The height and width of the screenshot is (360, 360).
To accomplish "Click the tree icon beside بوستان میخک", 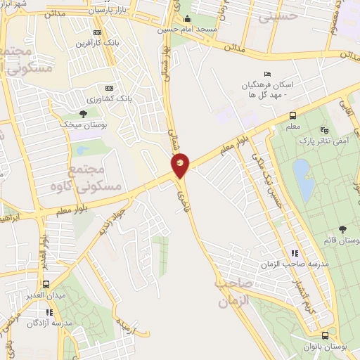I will pos(83,113).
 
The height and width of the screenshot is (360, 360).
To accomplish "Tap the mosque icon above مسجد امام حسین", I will pos(187,19).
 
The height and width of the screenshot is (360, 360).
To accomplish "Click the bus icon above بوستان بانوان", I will pos(324,335).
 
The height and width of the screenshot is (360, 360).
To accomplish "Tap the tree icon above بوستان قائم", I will pos(342,230).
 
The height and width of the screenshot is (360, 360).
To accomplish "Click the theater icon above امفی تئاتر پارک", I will pos(323,130).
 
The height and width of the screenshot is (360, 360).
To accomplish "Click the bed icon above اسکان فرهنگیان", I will pos(266,75).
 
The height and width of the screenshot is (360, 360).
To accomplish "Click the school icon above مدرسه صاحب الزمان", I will pos(295,253).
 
